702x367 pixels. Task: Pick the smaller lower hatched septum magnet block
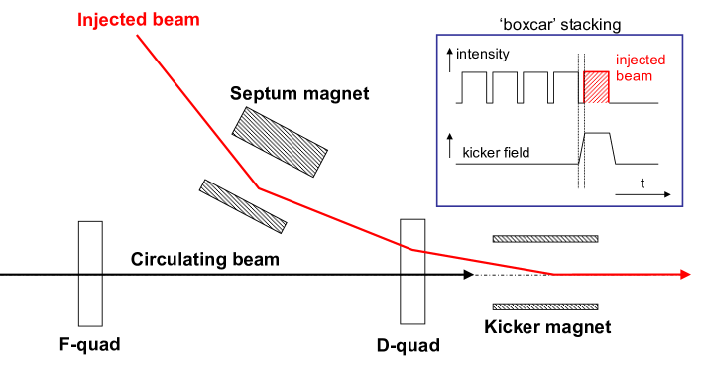pos(243,202)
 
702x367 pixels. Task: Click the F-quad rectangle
pos(90,275)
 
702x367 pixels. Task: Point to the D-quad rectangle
pos(411,275)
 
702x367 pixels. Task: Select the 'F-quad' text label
pos(90,345)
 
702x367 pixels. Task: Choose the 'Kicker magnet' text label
pos(547,326)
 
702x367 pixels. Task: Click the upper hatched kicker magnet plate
pos(545,239)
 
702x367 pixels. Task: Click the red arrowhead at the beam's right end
pos(685,274)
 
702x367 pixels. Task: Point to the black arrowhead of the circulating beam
pos(465,274)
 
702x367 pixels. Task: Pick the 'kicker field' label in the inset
pos(496,153)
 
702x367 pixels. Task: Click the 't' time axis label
pos(643,183)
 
